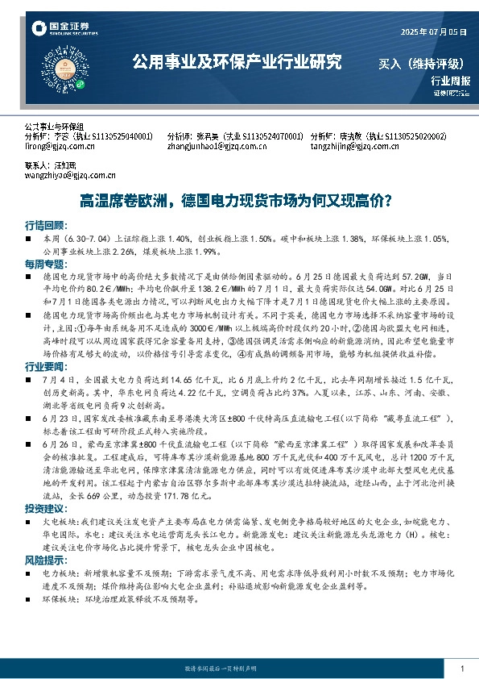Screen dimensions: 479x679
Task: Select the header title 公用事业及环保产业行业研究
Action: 237,61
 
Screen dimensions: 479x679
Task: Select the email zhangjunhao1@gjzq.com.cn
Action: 212,147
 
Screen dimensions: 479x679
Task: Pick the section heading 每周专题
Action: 44,264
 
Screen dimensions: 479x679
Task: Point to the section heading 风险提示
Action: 44,559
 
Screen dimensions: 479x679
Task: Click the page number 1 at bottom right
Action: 461,669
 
